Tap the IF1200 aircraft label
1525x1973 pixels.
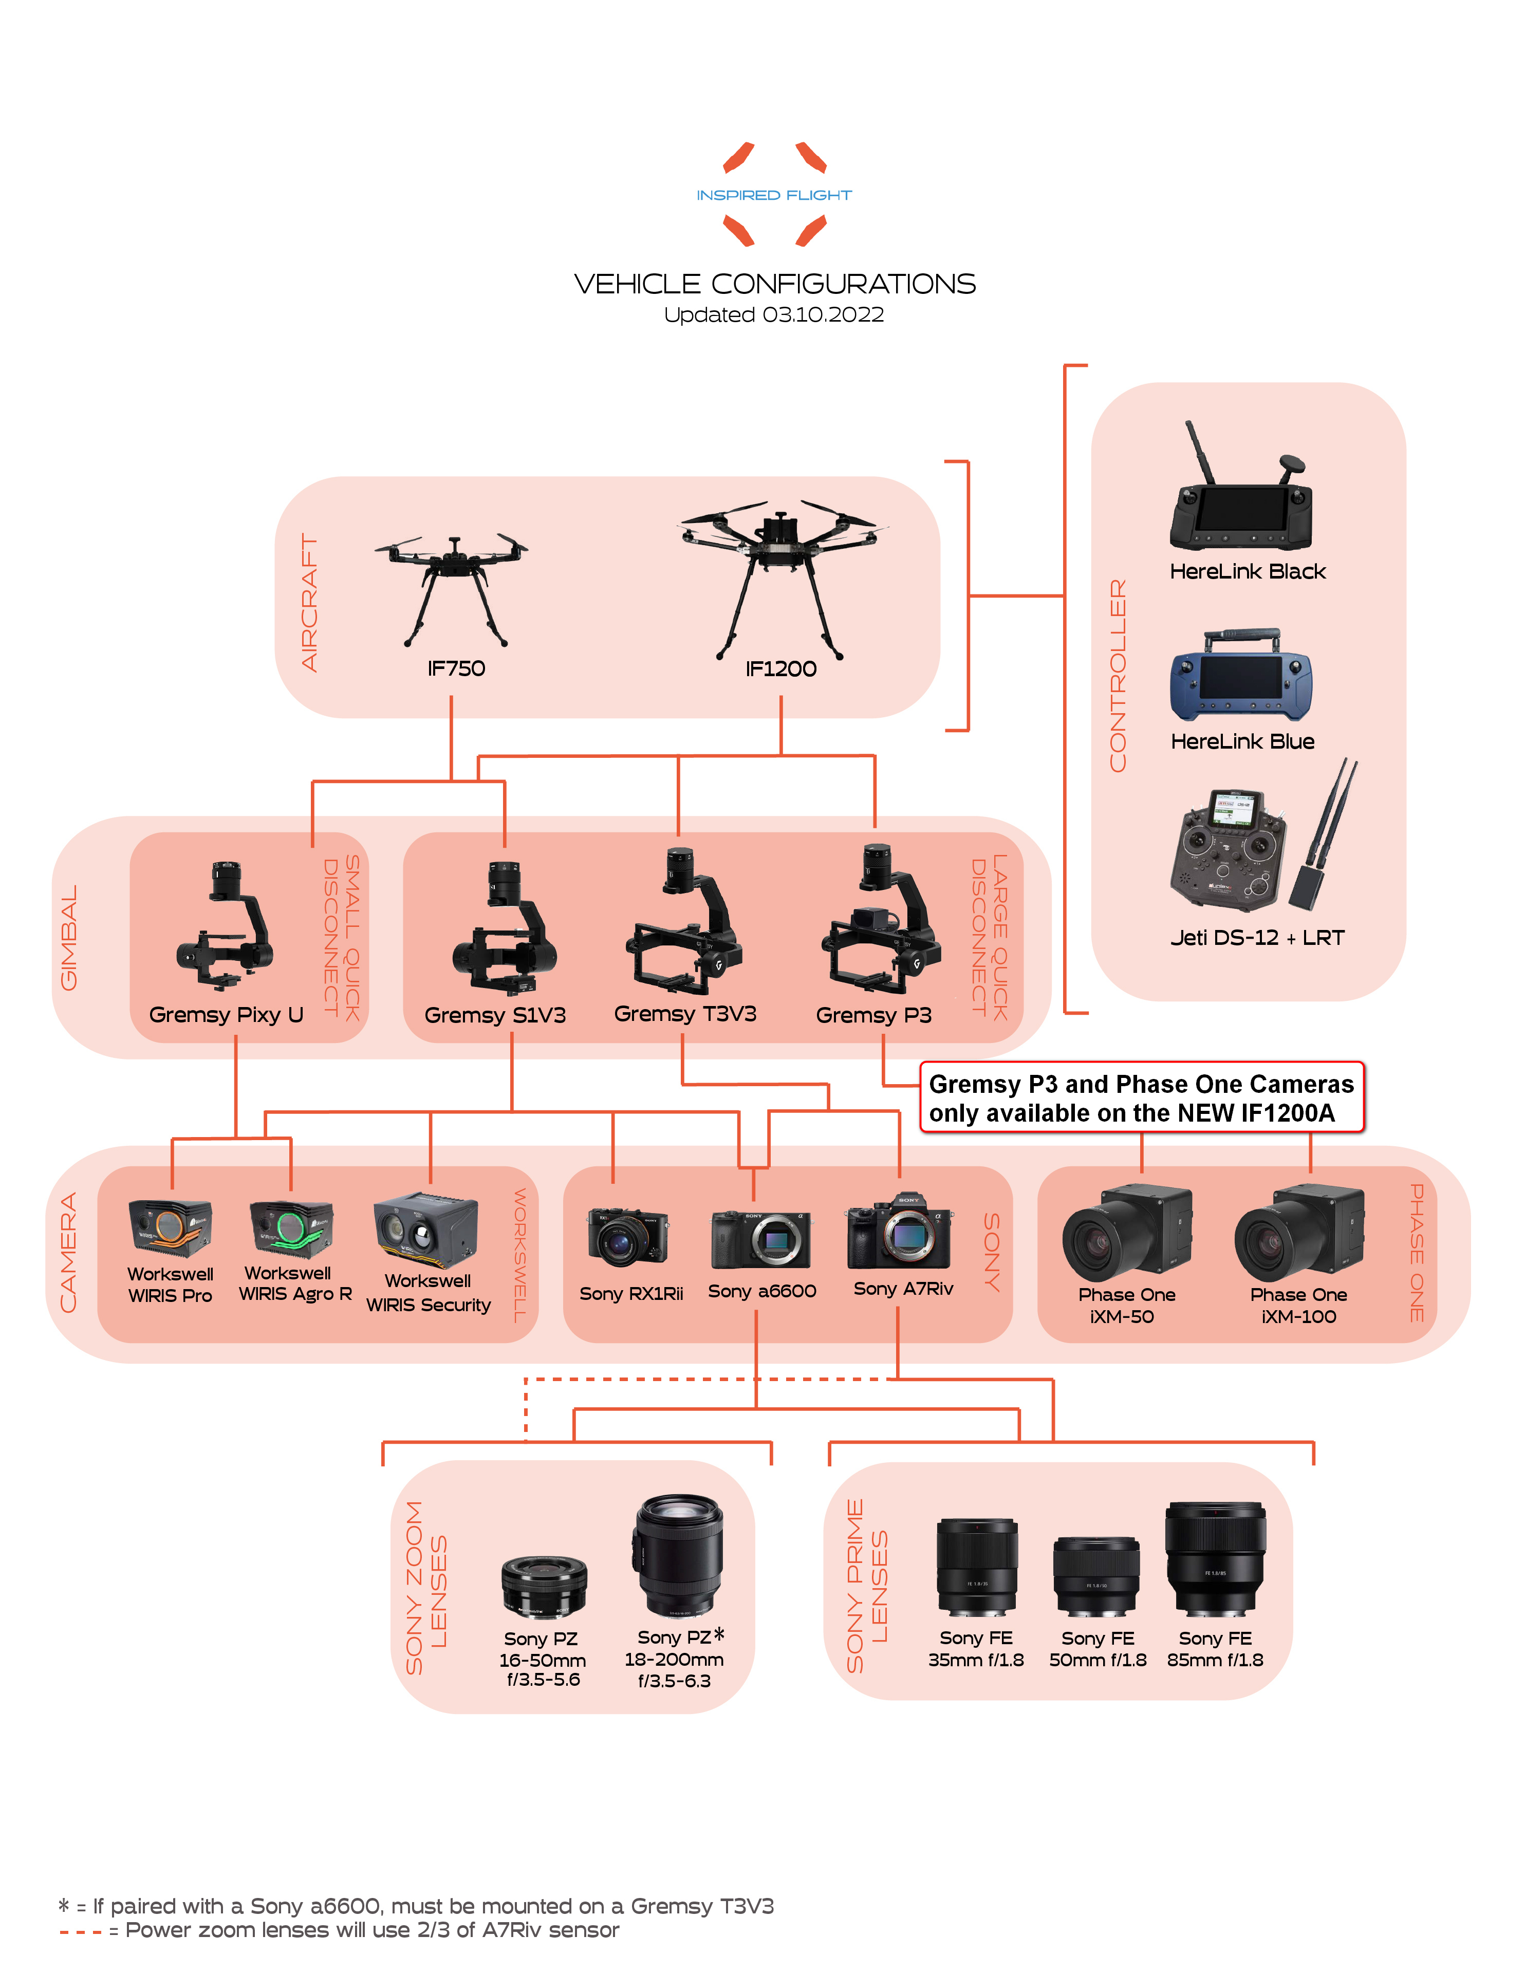click(780, 669)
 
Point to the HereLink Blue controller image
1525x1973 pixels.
click(1240, 676)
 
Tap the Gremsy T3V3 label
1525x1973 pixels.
click(685, 1014)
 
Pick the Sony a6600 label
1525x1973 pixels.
click(761, 1292)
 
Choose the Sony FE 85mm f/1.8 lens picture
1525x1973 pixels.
click(1215, 1558)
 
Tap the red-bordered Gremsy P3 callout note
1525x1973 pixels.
click(1141, 1097)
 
